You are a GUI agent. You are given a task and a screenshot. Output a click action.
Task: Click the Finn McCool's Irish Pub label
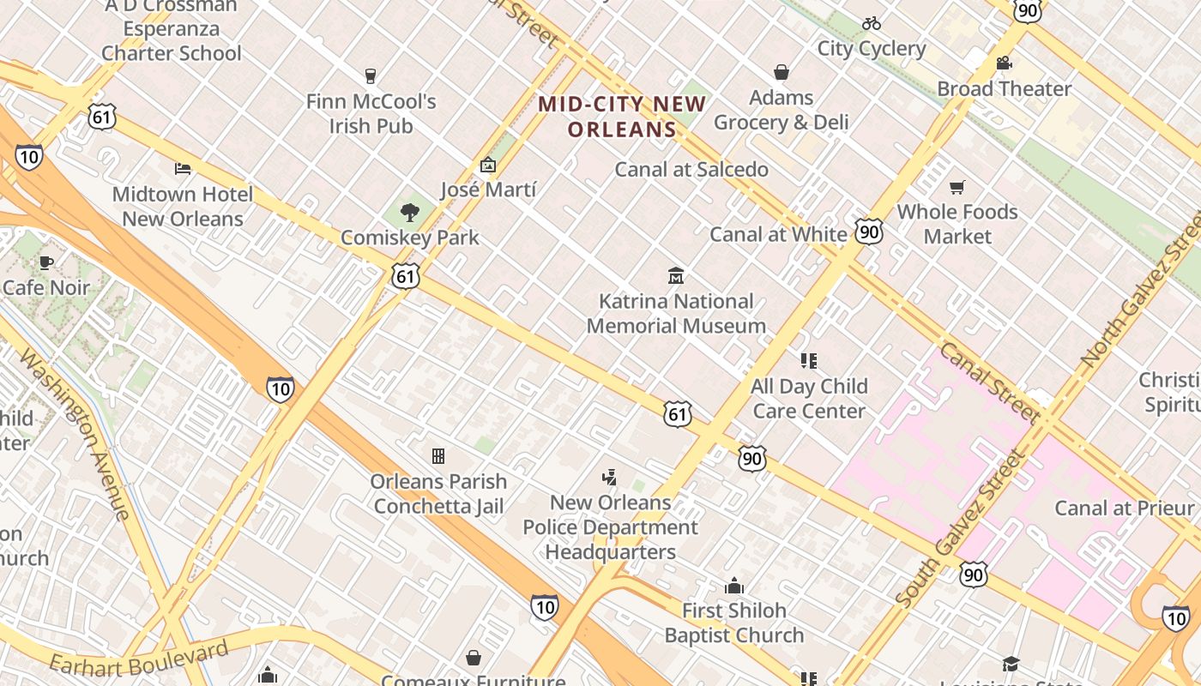371,113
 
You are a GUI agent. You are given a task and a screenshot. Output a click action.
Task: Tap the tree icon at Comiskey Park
410,213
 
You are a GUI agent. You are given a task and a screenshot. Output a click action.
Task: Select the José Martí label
487,190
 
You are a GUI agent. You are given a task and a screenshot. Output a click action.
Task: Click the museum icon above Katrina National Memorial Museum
676,276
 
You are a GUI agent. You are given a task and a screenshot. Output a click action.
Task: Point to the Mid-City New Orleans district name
621,117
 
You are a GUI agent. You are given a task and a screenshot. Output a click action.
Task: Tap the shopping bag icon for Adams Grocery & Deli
782,72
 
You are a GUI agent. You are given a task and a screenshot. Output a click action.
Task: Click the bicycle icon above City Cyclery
872,23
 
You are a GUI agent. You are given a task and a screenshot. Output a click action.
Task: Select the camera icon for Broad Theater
1004,63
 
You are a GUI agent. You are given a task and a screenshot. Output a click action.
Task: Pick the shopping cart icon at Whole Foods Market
957,187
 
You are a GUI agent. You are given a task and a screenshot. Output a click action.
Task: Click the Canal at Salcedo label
691,170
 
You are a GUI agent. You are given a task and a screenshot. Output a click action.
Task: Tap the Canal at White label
778,234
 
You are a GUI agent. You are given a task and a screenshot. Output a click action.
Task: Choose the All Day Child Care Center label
809,399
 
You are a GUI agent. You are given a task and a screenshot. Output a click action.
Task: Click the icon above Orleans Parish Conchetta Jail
438,456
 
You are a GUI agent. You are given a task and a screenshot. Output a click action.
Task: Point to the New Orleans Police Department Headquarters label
611,527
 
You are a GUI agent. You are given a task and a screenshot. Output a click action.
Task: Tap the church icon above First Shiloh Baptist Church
734,587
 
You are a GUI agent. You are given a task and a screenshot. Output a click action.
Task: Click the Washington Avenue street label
76,435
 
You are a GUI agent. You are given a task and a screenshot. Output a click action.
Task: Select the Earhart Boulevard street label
139,657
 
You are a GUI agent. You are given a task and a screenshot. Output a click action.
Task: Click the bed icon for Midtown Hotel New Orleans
183,169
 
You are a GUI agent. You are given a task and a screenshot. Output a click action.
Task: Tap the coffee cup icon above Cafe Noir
46,262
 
